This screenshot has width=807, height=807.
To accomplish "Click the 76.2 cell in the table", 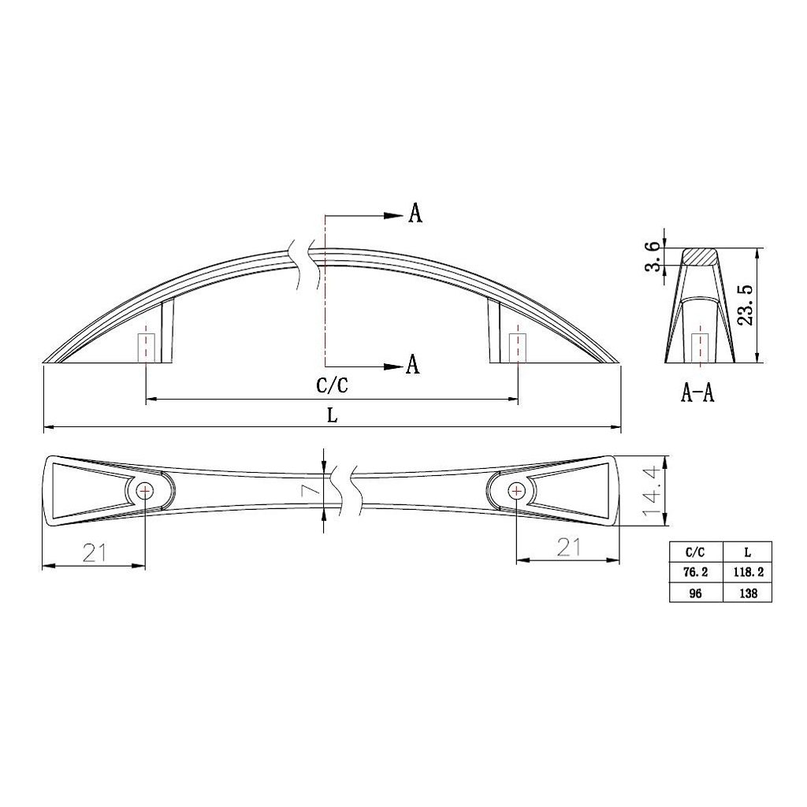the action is tap(696, 572).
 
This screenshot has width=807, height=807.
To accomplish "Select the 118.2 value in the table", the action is tap(748, 572).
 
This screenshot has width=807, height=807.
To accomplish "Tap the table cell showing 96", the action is tap(696, 593).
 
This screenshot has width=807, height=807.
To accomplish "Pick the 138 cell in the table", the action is tap(748, 593).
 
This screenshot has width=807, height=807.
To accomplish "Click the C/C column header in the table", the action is tap(696, 552).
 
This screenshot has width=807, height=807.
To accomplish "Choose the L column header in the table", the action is tap(748, 552).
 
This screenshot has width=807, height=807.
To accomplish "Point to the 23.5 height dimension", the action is tap(746, 305).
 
